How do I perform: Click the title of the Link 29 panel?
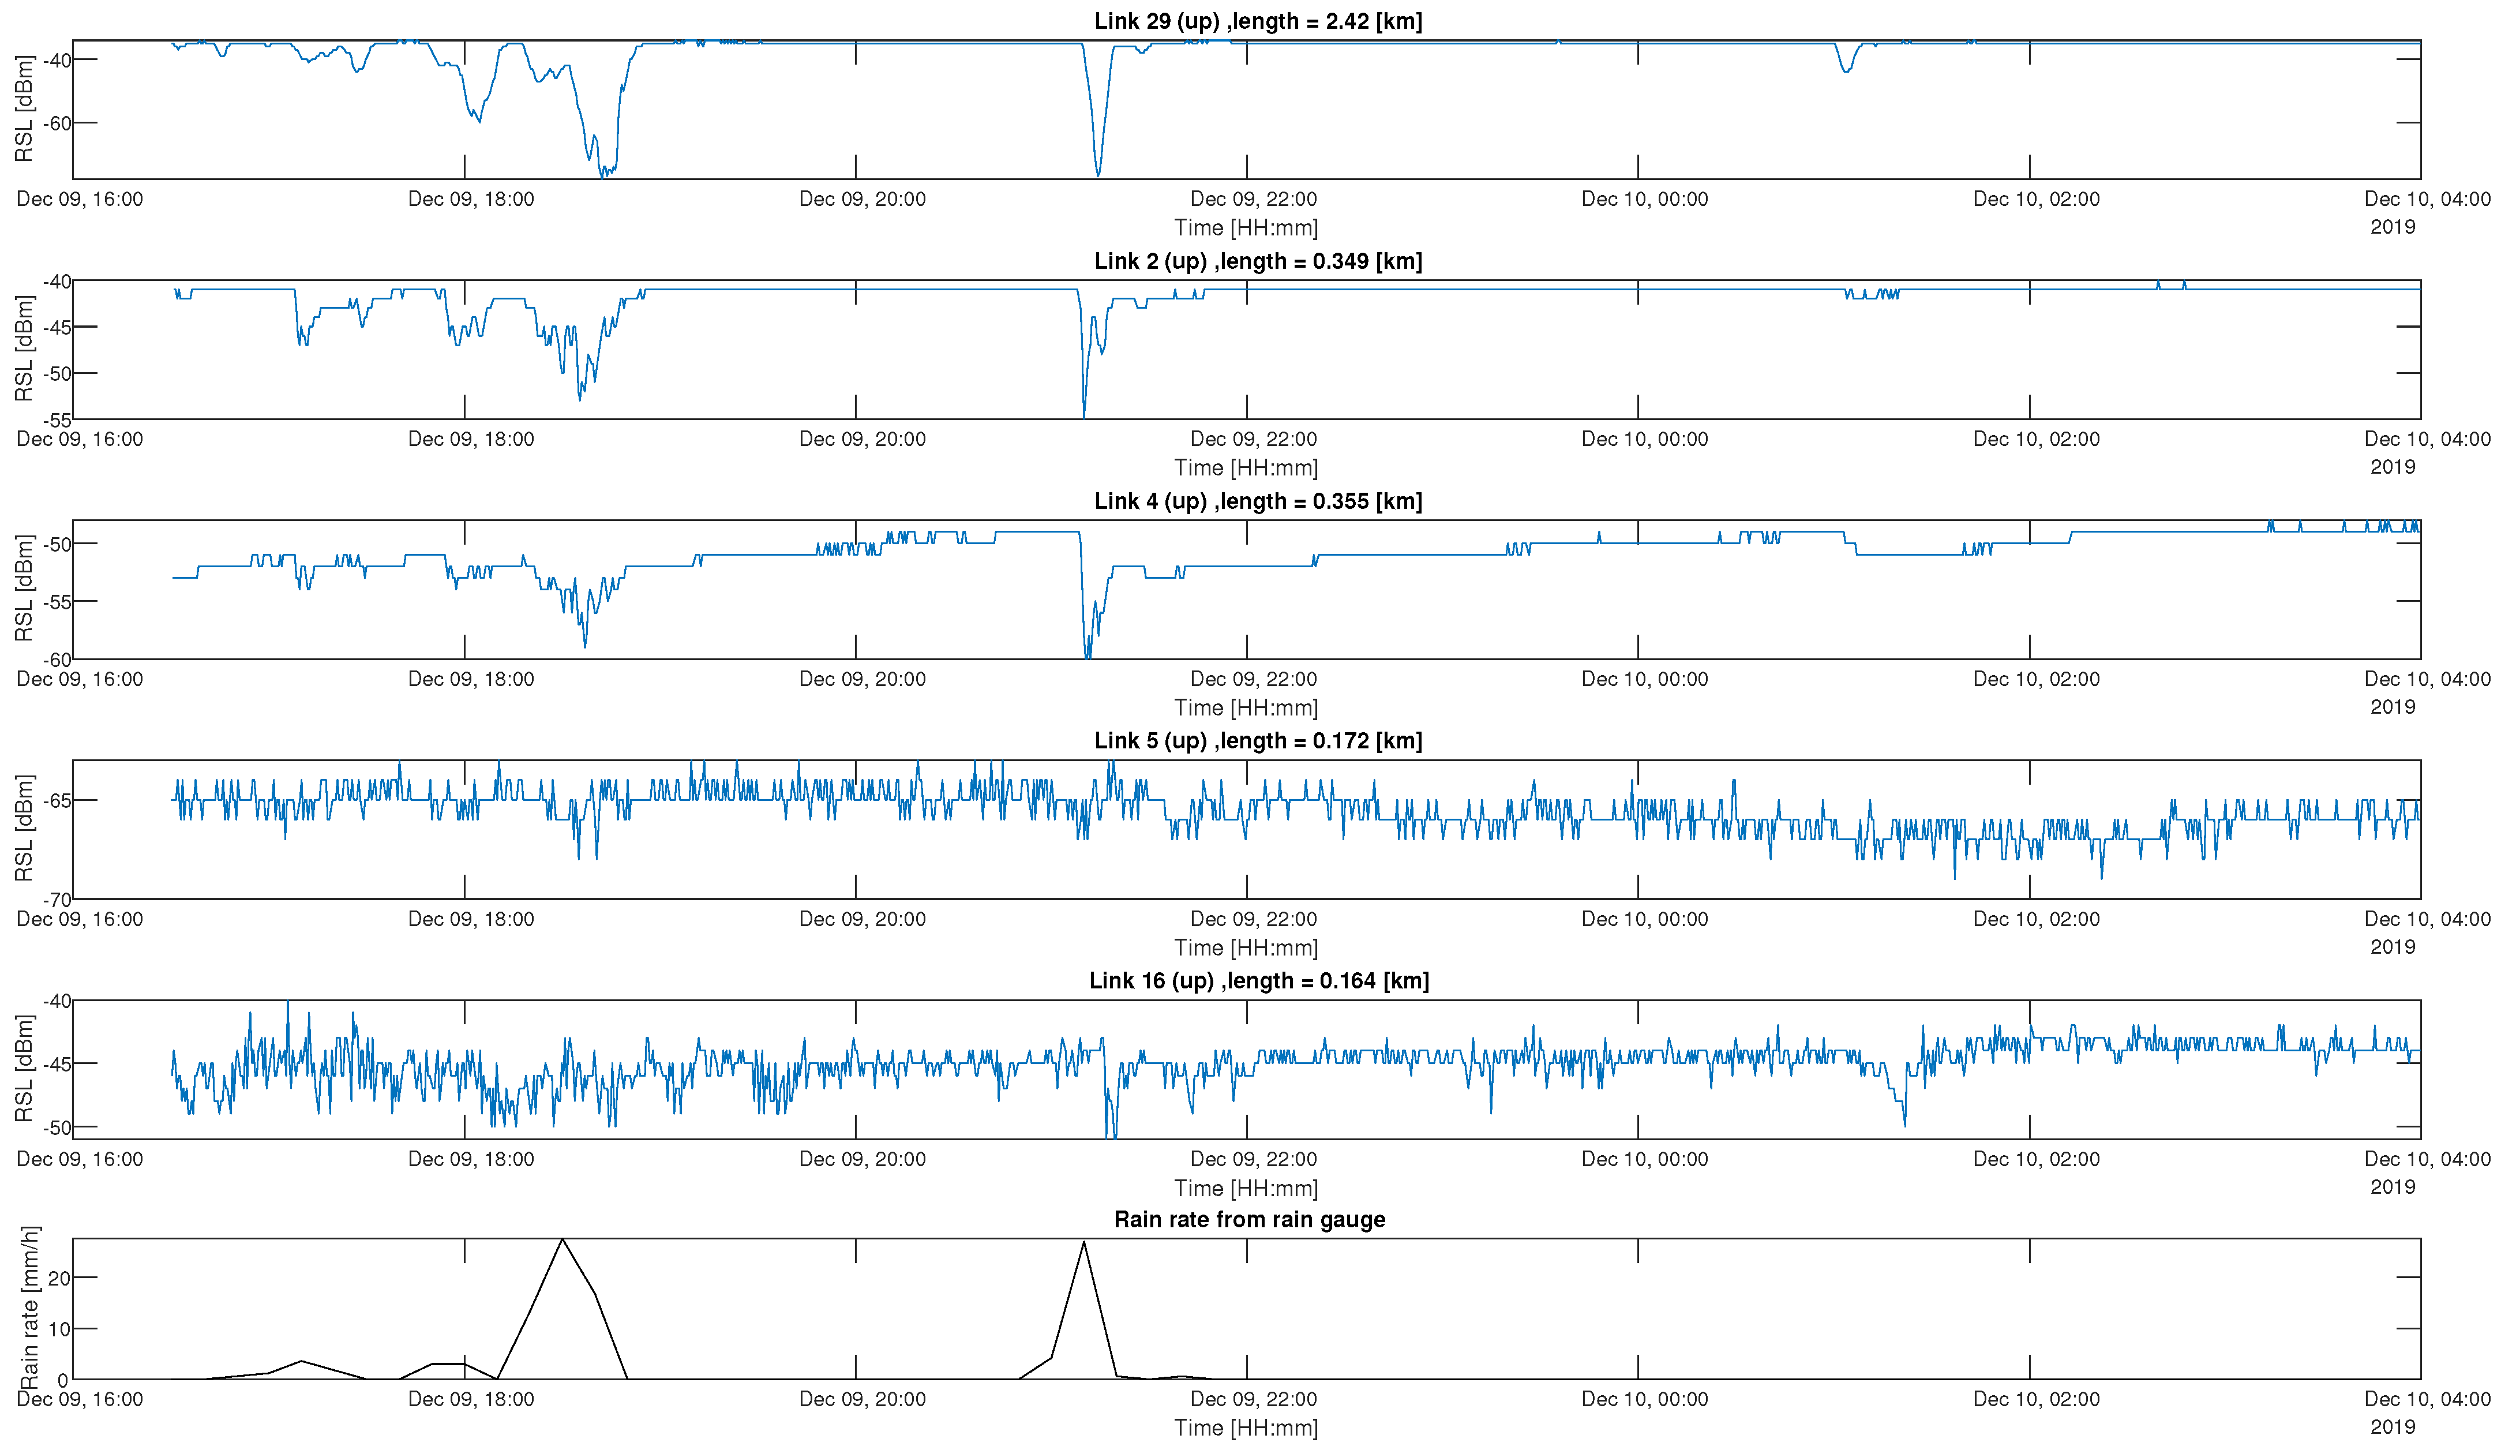pyautogui.click(x=1258, y=21)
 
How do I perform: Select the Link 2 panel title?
pyautogui.click(x=1258, y=261)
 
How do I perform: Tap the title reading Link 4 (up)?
pyautogui.click(x=1258, y=501)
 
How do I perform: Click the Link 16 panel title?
pyautogui.click(x=1258, y=980)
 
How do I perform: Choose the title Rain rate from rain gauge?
pyautogui.click(x=1250, y=1220)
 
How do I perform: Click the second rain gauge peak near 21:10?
pyautogui.click(x=1083, y=1243)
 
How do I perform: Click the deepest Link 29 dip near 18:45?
pyautogui.click(x=602, y=175)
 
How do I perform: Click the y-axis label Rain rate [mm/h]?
pyautogui.click(x=30, y=1308)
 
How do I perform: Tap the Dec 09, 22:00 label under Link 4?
pyautogui.click(x=1254, y=680)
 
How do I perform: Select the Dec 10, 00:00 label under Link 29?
pyautogui.click(x=1644, y=200)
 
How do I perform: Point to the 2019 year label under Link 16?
pyautogui.click(x=2392, y=1187)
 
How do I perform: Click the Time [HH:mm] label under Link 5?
pyautogui.click(x=1246, y=948)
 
